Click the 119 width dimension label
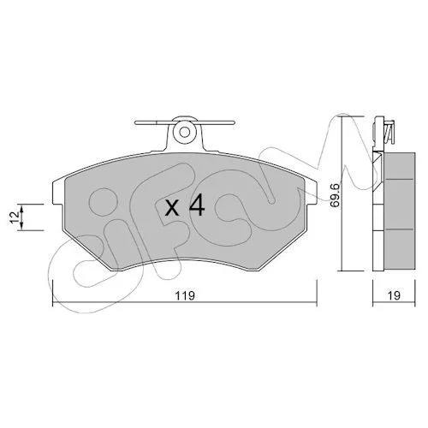tap(185, 295)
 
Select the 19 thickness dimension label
tap(394, 295)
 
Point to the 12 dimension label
tap(15, 217)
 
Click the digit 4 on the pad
tap(197, 205)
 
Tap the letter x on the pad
tap(172, 208)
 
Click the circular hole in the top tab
tap(185, 132)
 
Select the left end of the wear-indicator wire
tap(136, 122)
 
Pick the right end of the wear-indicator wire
tap(234, 122)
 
